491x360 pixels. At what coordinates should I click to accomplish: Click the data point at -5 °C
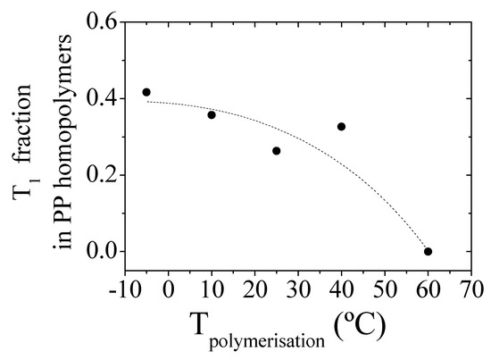(x=146, y=92)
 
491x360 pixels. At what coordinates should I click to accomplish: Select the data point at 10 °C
(x=212, y=114)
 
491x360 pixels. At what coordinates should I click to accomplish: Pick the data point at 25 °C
(x=277, y=150)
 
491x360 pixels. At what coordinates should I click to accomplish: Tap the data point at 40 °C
(x=341, y=127)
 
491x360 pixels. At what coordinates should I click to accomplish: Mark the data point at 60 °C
(x=429, y=252)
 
